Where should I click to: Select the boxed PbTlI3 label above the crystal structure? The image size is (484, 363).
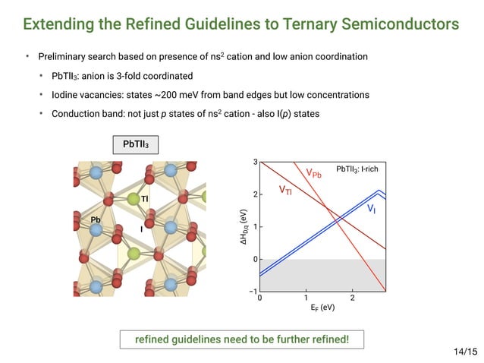pos(136,144)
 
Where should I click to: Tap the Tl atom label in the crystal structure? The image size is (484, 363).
pos(144,198)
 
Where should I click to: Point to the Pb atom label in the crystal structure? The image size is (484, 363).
pos(96,219)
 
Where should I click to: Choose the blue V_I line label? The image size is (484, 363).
pos(371,207)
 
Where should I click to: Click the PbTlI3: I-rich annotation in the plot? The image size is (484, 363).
pos(357,168)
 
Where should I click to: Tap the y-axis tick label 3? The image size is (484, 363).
pos(256,162)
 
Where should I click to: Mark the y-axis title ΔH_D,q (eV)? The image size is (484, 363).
pos(244,227)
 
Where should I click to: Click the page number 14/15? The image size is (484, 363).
pos(465,351)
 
